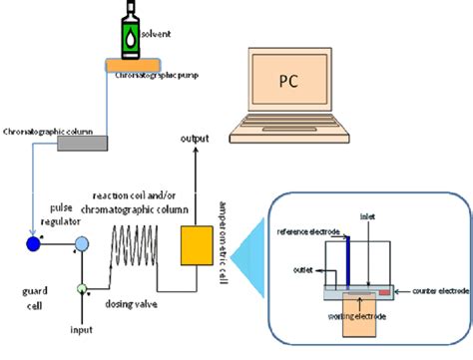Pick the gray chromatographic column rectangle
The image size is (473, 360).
(83, 143)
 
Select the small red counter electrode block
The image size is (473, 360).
(383, 292)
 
